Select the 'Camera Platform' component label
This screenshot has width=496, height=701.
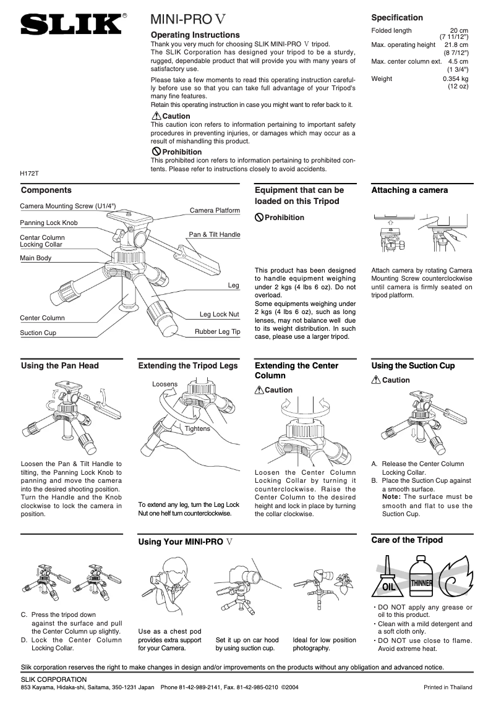[x=215, y=211]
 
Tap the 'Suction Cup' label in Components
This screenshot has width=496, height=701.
[x=38, y=333]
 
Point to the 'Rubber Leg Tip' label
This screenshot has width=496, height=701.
[x=217, y=332]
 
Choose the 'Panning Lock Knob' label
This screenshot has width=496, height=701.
[x=49, y=223]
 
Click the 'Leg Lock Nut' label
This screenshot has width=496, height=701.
[x=219, y=315]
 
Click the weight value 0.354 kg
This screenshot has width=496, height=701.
[x=455, y=79]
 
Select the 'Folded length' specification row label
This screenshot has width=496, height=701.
[x=391, y=31]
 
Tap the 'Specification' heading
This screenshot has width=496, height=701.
[x=397, y=17]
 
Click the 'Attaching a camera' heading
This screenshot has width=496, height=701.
[x=409, y=190]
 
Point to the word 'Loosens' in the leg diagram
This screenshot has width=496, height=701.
[x=165, y=384]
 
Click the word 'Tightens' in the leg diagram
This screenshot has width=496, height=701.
[x=197, y=428]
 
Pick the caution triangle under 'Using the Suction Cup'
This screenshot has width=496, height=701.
[x=375, y=380]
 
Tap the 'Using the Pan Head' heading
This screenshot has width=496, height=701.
[x=59, y=366]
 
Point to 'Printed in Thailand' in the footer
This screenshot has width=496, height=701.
[x=448, y=687]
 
